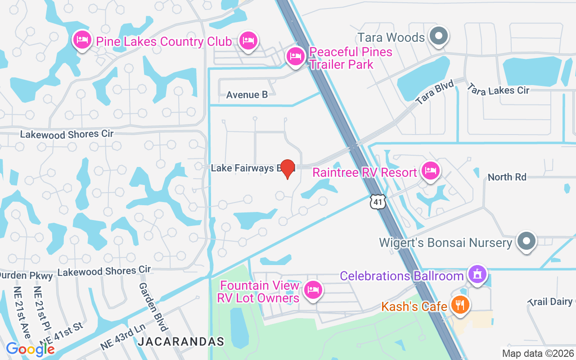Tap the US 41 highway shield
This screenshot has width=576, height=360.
[378, 202]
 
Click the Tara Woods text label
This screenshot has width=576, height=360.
[391, 37]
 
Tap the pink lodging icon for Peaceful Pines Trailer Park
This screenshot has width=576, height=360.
[295, 57]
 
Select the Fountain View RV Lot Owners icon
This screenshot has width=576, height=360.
[313, 289]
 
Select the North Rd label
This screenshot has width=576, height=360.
[507, 177]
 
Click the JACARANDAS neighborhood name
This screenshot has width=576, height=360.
[181, 342]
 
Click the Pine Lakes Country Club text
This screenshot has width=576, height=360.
[164, 42]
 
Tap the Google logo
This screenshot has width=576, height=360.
[30, 349]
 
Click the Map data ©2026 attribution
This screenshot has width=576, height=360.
[538, 354]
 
